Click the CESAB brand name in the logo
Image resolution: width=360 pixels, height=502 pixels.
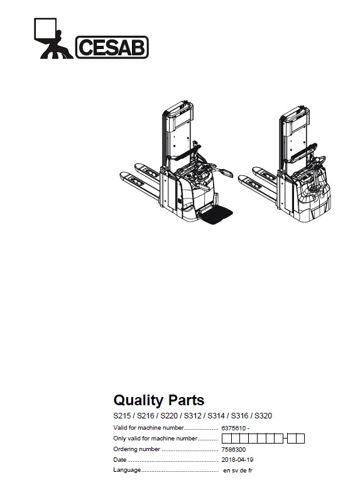point(112,47)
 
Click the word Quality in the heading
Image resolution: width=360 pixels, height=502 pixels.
point(138,400)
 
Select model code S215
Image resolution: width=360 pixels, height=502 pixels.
point(122,416)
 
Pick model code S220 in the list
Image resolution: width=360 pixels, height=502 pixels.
point(169,416)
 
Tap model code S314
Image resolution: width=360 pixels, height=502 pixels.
point(216,416)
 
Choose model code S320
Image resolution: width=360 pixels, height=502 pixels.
point(263,416)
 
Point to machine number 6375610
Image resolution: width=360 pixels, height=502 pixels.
point(234,428)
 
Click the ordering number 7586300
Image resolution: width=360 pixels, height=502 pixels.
point(234,449)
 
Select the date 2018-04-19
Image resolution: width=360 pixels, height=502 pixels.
point(237,460)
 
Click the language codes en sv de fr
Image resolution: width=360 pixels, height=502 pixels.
point(237,471)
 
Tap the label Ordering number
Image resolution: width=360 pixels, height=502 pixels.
point(137,449)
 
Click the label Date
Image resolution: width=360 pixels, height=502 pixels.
point(120,460)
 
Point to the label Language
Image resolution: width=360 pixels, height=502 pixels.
point(127,471)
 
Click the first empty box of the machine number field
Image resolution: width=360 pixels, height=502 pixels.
point(226,439)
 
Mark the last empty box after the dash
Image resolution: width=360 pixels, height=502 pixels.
point(300,439)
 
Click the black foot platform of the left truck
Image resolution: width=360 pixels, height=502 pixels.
point(215,214)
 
